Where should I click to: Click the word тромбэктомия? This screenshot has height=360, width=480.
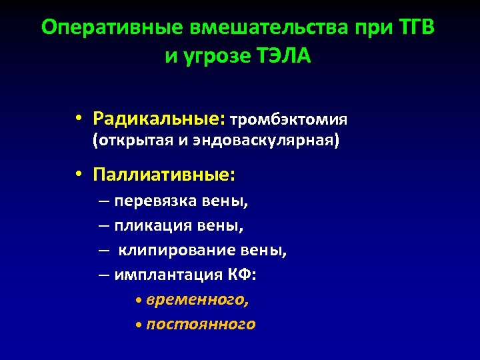289,120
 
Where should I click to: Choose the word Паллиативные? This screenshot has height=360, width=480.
164,175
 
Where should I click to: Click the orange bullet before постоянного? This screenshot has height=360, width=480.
137,325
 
